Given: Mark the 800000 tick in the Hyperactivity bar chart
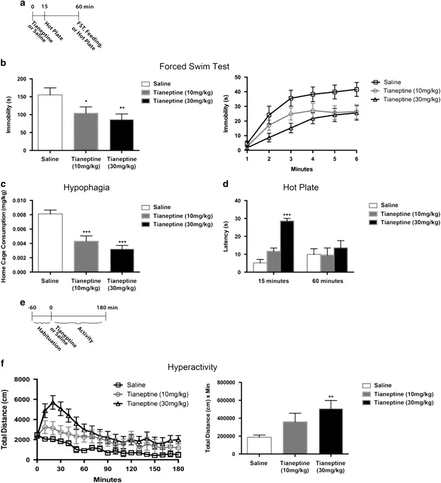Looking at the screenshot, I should click(x=229, y=382).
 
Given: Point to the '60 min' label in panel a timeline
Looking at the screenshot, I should click(x=88, y=7).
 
